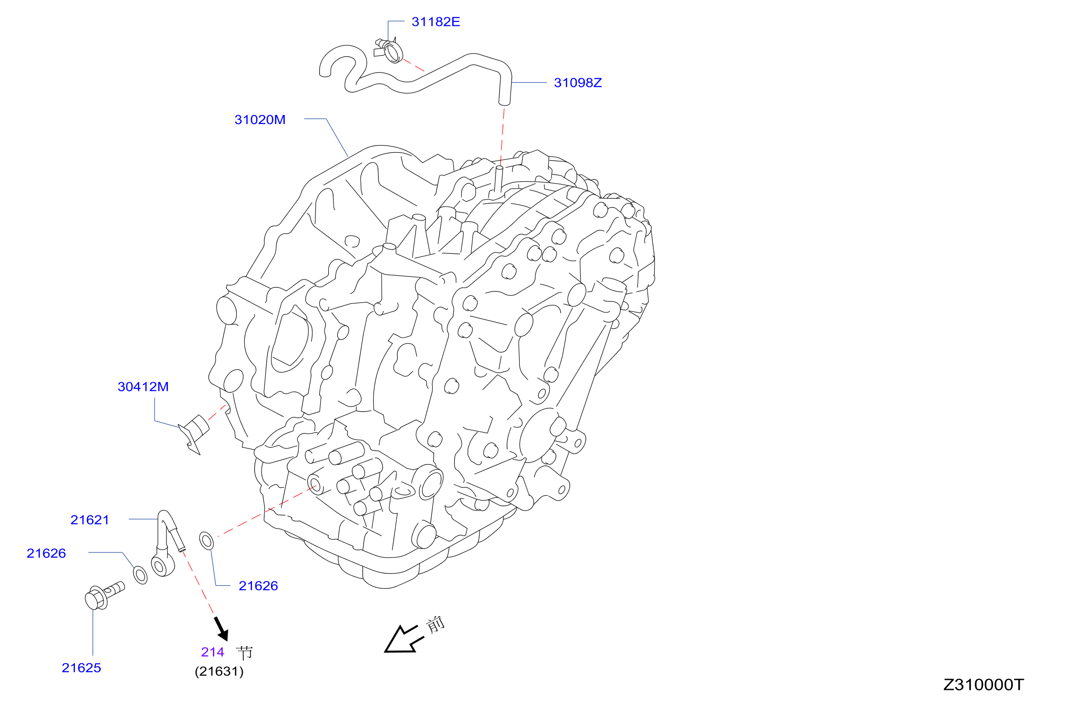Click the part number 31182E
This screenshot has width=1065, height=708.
pyautogui.click(x=436, y=22)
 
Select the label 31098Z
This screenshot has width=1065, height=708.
pyautogui.click(x=578, y=83)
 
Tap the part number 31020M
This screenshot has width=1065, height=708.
pyautogui.click(x=260, y=120)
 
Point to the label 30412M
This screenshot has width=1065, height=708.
pyautogui.click(x=143, y=387)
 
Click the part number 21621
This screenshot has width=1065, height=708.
pyautogui.click(x=90, y=520)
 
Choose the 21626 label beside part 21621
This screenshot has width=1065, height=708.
pyautogui.click(x=46, y=553)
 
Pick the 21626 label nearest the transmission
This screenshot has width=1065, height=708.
pyautogui.click(x=258, y=586)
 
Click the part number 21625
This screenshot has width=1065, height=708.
pyautogui.click(x=81, y=668)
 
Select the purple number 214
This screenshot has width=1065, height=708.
pyautogui.click(x=212, y=652)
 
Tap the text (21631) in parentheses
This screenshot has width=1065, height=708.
pyautogui.click(x=219, y=672)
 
